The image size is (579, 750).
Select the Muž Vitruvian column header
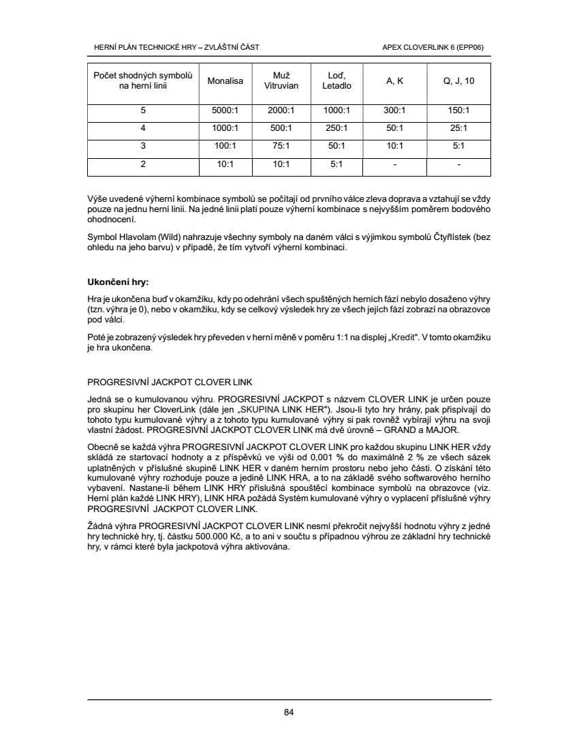point(277,81)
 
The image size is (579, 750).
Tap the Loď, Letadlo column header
point(337,81)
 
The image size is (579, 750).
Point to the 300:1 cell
point(395,110)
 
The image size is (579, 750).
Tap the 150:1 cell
point(458,110)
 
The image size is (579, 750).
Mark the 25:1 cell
point(458,128)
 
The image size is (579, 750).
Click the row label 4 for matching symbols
point(143,128)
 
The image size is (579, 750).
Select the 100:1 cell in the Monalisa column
point(226,146)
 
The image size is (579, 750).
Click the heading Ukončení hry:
point(118,282)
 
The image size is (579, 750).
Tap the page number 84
point(289,713)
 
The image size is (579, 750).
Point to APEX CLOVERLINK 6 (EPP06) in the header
point(437,47)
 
